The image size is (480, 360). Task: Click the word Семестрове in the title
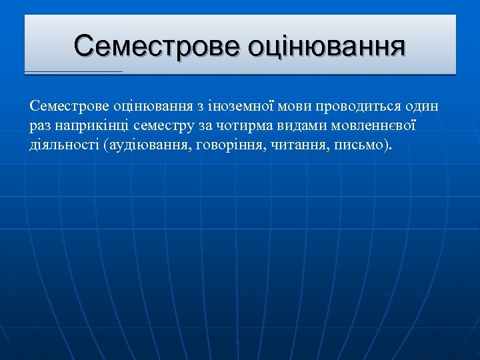coord(157,47)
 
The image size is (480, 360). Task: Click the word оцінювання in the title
coord(327,47)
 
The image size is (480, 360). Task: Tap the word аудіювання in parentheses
coord(147,145)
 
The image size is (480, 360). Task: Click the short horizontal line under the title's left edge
coord(73,71)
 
